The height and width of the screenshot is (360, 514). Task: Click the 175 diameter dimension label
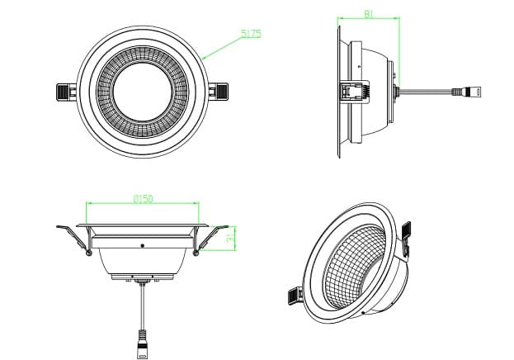tap(251, 34)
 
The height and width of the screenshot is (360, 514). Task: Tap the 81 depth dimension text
tap(369, 12)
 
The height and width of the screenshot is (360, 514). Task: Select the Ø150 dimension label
tap(144, 198)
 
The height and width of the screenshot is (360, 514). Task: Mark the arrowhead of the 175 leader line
tap(201, 59)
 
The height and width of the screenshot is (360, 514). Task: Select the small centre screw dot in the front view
tap(143, 245)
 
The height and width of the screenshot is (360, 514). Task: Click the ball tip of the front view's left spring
tap(88, 252)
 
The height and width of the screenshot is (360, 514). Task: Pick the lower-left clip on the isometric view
tap(293, 293)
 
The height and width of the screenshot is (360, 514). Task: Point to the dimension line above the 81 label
tap(369, 18)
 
